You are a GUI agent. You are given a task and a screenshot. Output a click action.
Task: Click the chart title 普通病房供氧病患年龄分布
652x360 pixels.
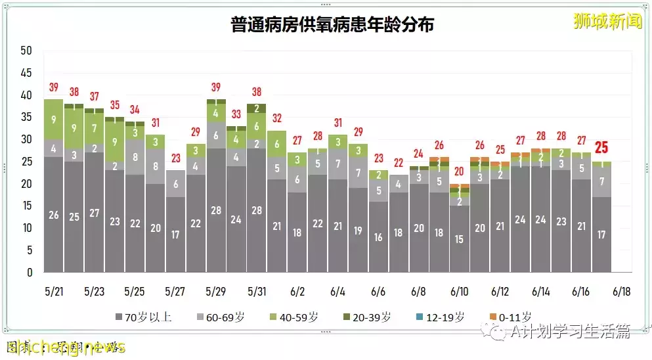click(x=332, y=25)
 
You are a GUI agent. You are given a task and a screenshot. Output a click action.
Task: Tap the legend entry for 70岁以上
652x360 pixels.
click(x=143, y=317)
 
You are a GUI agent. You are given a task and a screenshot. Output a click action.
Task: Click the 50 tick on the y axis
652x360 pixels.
click(x=26, y=51)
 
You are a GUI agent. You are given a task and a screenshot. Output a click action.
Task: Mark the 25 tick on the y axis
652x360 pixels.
click(x=26, y=162)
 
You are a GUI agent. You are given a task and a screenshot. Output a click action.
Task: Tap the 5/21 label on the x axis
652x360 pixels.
click(x=54, y=291)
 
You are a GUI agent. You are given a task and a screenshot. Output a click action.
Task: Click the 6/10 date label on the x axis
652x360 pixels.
click(x=459, y=291)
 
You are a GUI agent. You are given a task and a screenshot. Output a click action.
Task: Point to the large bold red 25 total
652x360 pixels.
click(x=601, y=147)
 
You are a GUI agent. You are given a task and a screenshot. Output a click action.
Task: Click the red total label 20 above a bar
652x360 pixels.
click(x=459, y=171)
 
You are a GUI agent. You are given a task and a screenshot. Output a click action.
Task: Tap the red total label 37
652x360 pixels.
click(x=95, y=97)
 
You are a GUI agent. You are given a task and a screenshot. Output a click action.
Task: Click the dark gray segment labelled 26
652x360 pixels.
click(x=54, y=214)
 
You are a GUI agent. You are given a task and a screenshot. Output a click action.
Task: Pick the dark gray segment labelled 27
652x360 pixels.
click(x=95, y=213)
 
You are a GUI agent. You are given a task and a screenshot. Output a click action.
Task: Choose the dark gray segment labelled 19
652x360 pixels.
click(x=358, y=231)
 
